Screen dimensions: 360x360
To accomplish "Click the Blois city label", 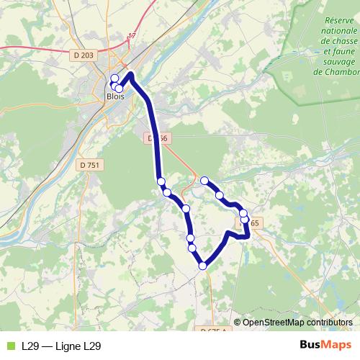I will pyautogui.click(x=115, y=96).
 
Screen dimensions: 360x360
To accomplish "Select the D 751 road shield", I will pyautogui.click(x=90, y=165).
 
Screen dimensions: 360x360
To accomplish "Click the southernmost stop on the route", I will pyautogui.click(x=202, y=266).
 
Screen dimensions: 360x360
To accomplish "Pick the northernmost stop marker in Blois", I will pyautogui.click(x=114, y=78).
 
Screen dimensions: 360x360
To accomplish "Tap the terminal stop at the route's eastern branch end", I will pyautogui.click(x=204, y=181).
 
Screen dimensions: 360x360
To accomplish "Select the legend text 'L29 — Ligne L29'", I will pyautogui.click(x=61, y=346).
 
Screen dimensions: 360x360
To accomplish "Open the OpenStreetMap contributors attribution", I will pyautogui.click(x=297, y=323).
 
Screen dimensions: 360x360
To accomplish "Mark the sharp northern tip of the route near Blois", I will pyautogui.click(x=130, y=73).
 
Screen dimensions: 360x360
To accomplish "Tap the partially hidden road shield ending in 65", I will pyautogui.click(x=253, y=222).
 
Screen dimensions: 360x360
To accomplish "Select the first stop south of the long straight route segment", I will pyautogui.click(x=161, y=181).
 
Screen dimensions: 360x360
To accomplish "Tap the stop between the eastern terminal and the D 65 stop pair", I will pyautogui.click(x=220, y=195).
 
